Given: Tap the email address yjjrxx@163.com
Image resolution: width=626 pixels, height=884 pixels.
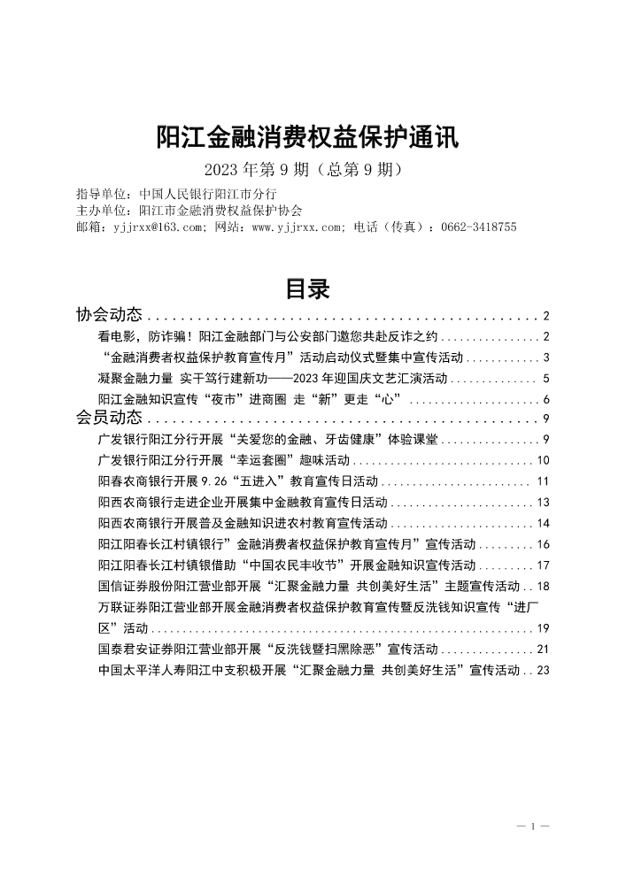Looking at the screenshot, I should tap(158, 227).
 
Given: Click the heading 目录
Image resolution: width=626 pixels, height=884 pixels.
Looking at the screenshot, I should tap(306, 289).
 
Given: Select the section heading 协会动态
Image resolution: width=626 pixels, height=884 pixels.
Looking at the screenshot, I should tap(109, 315).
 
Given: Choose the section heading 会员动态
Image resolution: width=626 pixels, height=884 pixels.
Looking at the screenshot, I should tap(109, 419).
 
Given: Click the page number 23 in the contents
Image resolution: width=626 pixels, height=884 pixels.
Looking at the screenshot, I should tap(544, 671).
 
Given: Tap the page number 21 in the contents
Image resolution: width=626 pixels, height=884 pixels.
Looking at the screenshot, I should tap(544, 650).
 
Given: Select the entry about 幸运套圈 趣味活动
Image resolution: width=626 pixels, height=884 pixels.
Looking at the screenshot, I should tap(226, 460).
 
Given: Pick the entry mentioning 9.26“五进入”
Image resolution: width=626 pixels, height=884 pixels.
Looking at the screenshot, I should tap(238, 481).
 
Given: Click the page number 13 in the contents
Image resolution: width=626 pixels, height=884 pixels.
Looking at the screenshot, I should tap(544, 502).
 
